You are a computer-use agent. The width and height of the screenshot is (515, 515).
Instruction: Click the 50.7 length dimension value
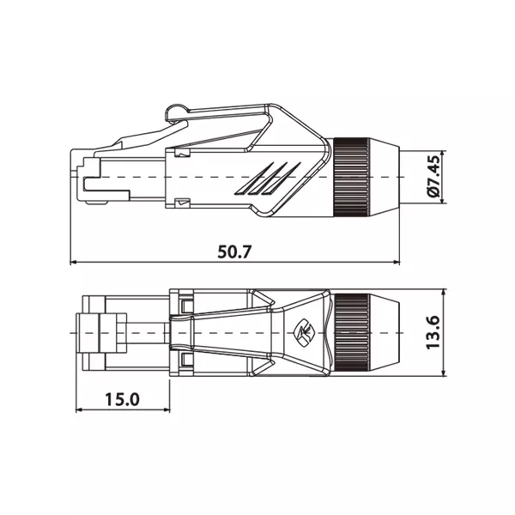234,251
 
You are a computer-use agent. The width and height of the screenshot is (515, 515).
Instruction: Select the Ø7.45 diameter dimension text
434,176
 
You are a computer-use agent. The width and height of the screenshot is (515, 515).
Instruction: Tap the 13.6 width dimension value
433,332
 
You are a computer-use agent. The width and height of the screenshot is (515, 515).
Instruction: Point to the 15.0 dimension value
122,399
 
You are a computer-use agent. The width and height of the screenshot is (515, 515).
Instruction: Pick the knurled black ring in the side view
352,178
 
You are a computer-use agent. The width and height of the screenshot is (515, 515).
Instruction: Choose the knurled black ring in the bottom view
352,332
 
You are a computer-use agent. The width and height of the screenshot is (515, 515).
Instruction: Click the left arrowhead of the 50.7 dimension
74,262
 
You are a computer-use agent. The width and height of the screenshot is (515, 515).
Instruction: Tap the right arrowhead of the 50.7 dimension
397,262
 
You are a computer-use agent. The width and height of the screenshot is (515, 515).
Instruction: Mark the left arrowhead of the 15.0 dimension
79,409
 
